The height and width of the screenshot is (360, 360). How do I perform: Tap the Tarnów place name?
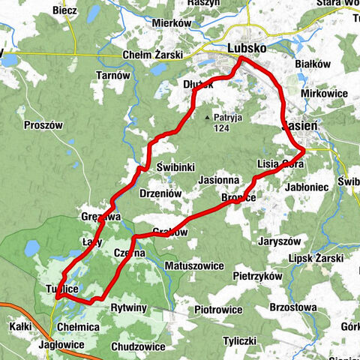pyautogui.click(x=114, y=75)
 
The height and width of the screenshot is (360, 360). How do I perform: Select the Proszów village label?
pyautogui.click(x=43, y=125)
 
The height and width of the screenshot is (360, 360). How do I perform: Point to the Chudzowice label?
pyautogui.click(x=137, y=346)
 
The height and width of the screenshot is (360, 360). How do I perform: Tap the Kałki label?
pyautogui.click(x=21, y=327)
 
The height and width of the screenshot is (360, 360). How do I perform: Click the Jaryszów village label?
pyautogui.click(x=279, y=242)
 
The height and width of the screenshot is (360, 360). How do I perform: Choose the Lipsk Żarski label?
pyautogui.click(x=315, y=259)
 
